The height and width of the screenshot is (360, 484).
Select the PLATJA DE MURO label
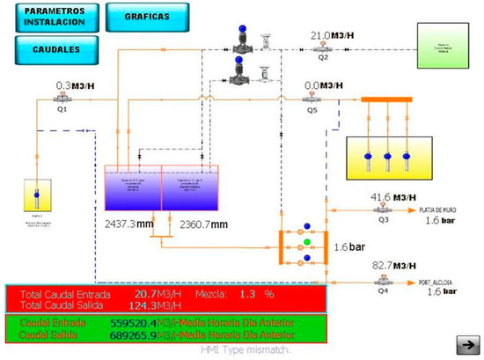pos(438,209)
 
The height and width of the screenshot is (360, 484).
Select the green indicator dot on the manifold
pos(305,240)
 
